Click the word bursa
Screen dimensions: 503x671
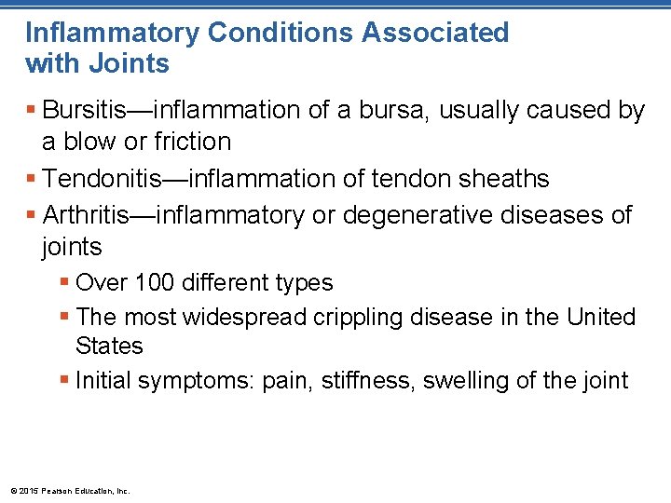402,111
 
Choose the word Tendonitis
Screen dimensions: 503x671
102,178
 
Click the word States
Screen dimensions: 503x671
109,347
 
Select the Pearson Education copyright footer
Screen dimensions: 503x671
70,490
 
